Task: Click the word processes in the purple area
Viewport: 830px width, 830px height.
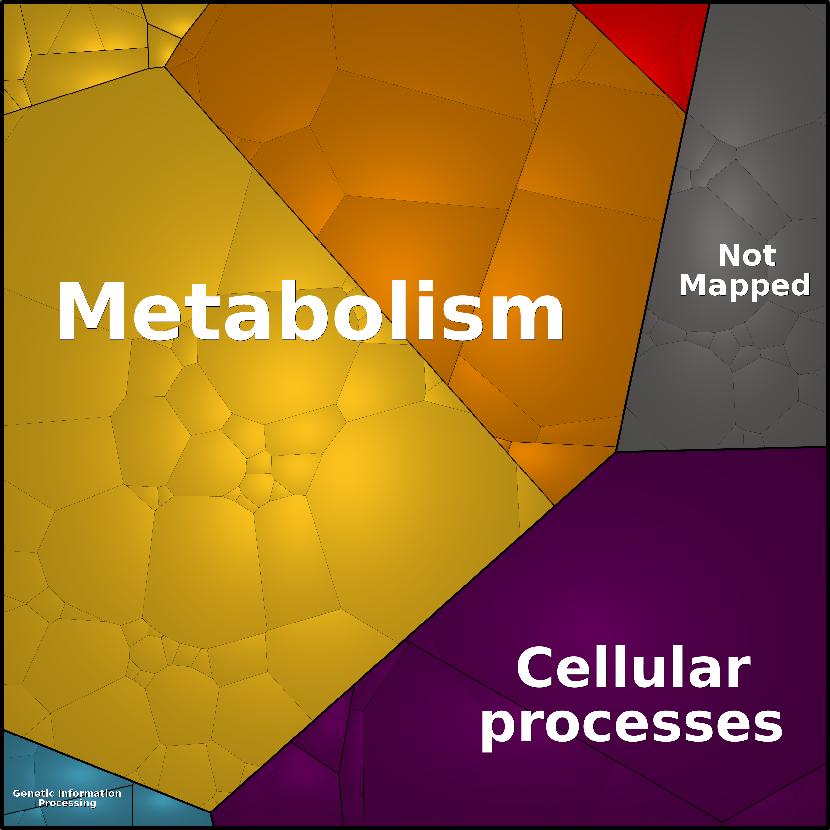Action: point(631,726)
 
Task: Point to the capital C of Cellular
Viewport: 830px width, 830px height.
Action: point(536,668)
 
